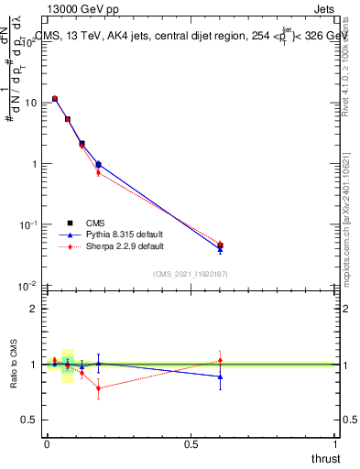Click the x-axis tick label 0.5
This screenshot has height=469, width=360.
191,444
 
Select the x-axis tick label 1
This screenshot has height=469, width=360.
336,444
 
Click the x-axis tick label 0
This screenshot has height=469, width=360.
47,444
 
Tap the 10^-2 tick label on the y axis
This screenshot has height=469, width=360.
28,286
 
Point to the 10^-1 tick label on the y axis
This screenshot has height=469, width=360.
28,224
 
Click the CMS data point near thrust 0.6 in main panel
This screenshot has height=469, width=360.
220,245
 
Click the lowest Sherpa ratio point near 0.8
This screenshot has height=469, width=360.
98,388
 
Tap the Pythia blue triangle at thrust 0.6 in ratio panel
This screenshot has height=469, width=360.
220,376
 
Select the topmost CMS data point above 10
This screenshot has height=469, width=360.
55,99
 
